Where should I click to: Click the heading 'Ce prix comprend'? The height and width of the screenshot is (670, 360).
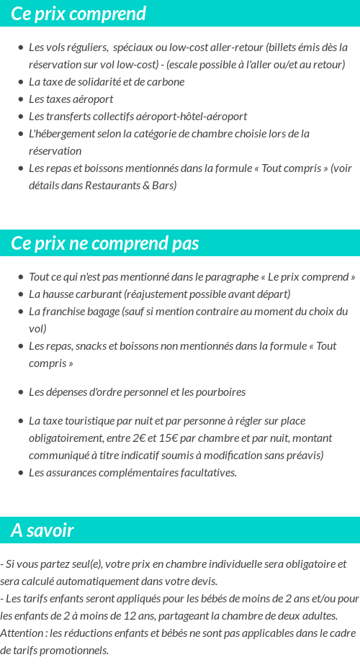point(78,14)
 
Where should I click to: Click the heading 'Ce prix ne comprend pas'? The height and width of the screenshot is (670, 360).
point(104,243)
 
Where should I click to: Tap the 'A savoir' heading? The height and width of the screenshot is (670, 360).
point(42,530)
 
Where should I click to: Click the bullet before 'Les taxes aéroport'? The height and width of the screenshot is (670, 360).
point(21,99)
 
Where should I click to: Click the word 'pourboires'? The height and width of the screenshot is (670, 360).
point(220,392)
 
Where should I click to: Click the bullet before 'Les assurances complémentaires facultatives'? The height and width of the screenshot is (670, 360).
point(21,473)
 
